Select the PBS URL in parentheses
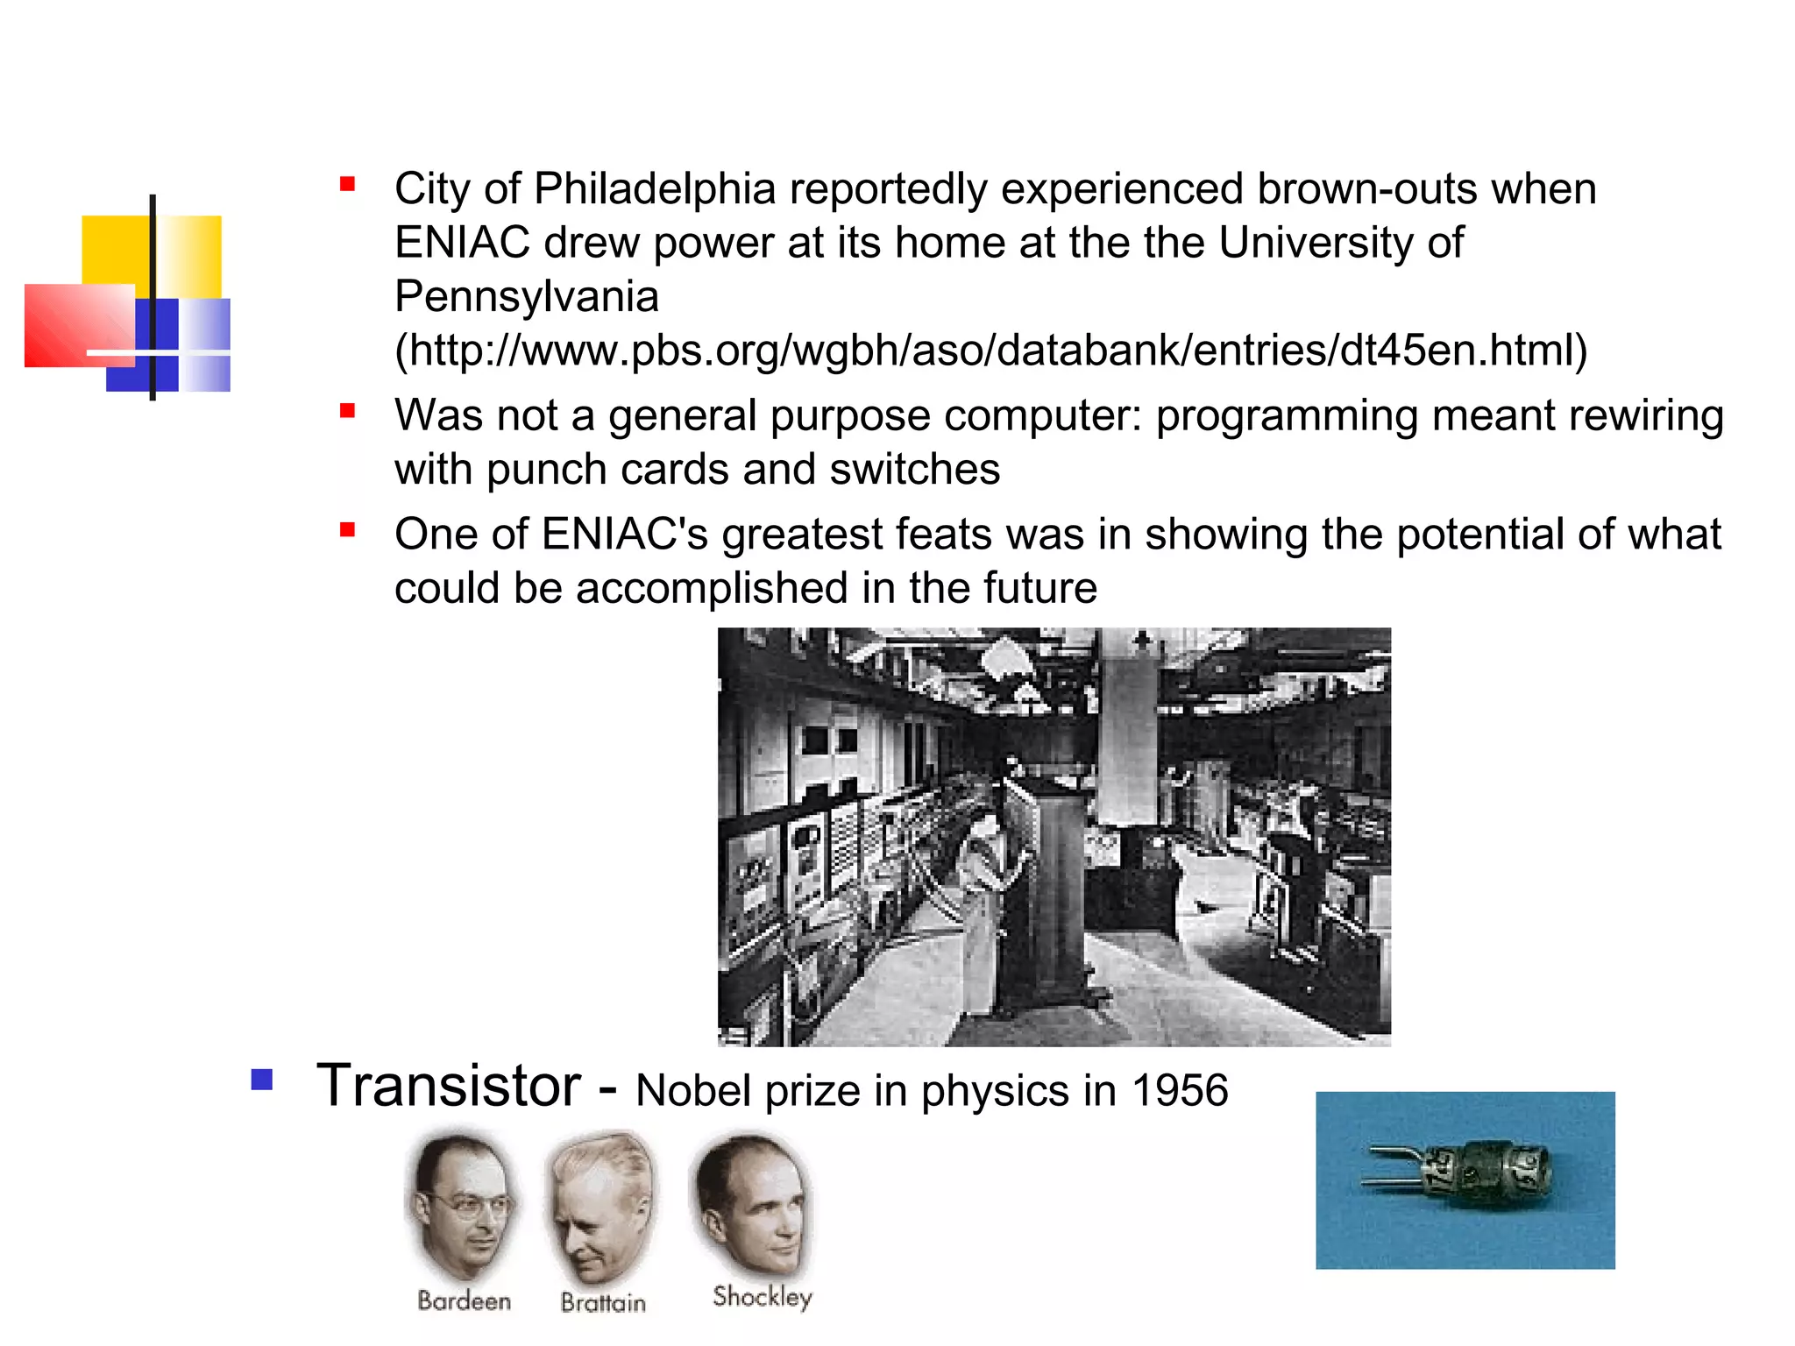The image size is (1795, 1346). pyautogui.click(x=990, y=351)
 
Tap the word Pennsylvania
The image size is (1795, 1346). pyautogui.click(x=526, y=297)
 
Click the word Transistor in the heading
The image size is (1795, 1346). pyautogui.click(x=448, y=1087)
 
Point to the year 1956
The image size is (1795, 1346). pyautogui.click(x=1180, y=1092)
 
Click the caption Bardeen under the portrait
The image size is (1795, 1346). pyautogui.click(x=464, y=1300)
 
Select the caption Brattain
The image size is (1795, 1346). pyautogui.click(x=603, y=1303)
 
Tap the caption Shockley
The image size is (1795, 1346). pyautogui.click(x=762, y=1296)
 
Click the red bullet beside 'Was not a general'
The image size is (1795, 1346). pyautogui.click(x=347, y=411)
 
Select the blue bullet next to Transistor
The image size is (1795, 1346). pyautogui.click(x=261, y=1079)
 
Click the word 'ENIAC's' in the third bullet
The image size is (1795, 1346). pyautogui.click(x=624, y=535)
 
